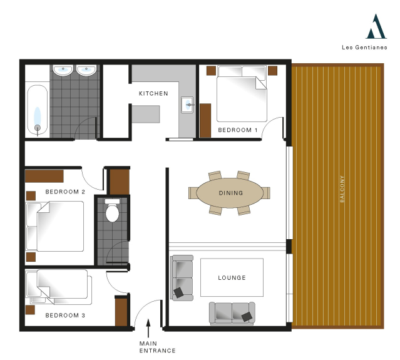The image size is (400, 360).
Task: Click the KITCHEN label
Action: [153, 94]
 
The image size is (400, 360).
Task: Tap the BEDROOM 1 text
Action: [238, 130]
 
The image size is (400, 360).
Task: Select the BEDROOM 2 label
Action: [65, 192]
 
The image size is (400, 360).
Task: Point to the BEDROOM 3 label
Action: [65, 316]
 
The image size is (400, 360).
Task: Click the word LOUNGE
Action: [232, 277]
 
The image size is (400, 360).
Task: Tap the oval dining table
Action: [230, 193]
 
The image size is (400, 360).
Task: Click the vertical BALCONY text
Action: [342, 189]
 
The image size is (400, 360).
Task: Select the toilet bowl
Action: [112, 211]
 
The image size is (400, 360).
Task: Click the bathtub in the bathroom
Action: [38, 110]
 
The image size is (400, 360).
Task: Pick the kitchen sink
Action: [187, 105]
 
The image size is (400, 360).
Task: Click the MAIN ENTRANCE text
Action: [157, 347]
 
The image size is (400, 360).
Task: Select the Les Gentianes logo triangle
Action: [376, 26]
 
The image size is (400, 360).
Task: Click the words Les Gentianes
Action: [364, 47]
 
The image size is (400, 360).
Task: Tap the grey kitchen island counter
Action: [146, 114]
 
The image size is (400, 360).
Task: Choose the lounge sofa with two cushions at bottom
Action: [232, 314]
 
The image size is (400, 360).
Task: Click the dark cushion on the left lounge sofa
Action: [178, 292]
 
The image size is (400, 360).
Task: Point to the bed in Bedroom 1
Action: [242, 94]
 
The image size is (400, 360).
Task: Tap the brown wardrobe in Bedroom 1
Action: [205, 120]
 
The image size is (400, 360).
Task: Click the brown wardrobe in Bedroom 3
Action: [121, 312]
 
